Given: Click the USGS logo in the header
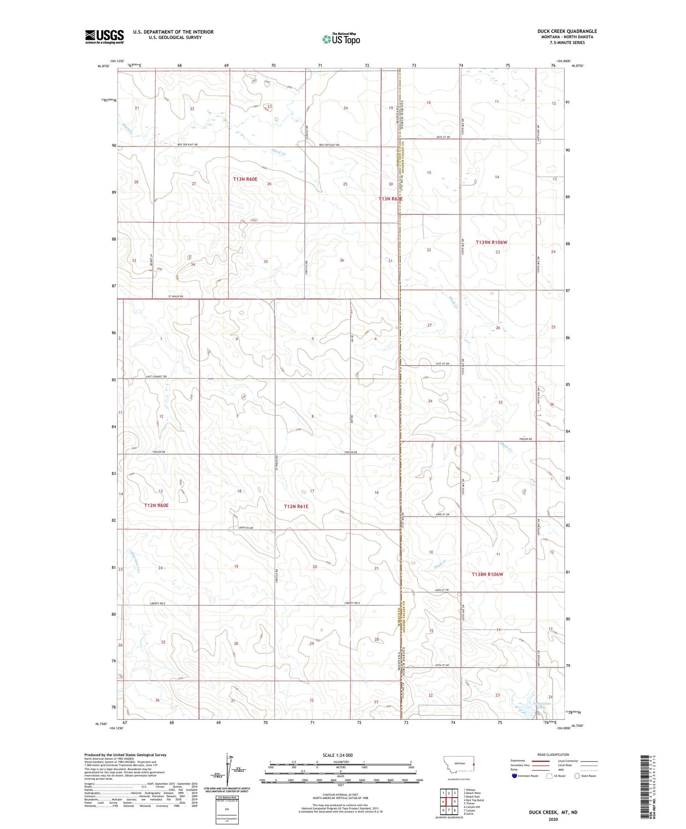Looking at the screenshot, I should click(x=104, y=37).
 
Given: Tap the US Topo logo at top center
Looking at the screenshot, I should click(x=340, y=39).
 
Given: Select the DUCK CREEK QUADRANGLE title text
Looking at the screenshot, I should click(x=567, y=31).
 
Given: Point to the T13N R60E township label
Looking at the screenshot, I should click(x=245, y=179).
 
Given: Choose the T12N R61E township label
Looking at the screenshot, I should click(x=296, y=507).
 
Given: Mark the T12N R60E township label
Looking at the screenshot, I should click(x=156, y=506).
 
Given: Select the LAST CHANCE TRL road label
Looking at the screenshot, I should click(x=156, y=377).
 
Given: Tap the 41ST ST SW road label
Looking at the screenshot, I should click(x=442, y=364).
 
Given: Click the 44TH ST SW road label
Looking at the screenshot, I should click(x=442, y=590).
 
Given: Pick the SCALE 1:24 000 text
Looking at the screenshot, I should click(x=338, y=755).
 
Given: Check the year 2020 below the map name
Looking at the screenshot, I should click(x=553, y=820).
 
